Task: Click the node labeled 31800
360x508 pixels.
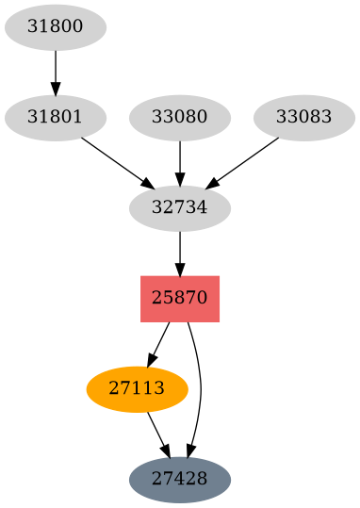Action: coord(56,27)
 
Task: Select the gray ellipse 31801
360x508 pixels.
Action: coord(56,118)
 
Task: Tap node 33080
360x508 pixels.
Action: coord(179,118)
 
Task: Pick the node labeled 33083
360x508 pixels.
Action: coord(303,118)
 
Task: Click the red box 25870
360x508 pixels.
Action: coord(179,298)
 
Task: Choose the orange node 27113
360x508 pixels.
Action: coord(137,388)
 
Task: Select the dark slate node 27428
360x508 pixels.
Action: coord(179,479)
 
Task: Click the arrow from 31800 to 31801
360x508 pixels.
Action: coord(56,70)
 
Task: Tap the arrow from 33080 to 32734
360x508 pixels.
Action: coord(179,160)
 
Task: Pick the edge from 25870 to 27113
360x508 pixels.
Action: coord(159,341)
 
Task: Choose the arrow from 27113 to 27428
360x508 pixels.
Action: coord(157,433)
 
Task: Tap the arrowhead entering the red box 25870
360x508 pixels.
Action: coord(179,268)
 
